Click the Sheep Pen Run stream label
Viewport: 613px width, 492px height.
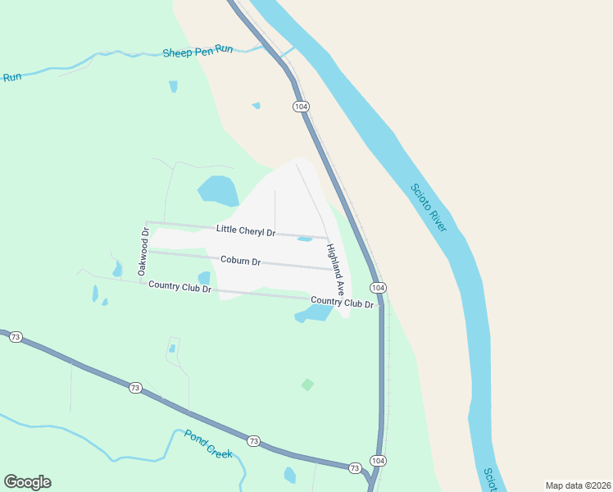[x=198, y=51]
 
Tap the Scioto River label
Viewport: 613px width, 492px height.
[x=429, y=207]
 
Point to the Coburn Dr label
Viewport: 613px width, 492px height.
[x=240, y=261]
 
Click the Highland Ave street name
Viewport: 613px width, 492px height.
[x=334, y=270]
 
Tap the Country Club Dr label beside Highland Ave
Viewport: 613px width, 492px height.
[x=342, y=303]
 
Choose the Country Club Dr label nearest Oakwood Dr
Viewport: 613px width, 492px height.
[x=179, y=288]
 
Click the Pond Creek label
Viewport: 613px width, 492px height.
[x=208, y=444]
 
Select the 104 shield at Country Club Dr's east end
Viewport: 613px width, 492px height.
[x=377, y=288]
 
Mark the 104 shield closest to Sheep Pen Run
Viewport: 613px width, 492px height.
[x=301, y=107]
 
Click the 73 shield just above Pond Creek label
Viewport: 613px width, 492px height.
[x=253, y=441]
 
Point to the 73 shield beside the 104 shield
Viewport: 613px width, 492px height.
[x=355, y=467]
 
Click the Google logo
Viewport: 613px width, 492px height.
[x=27, y=482]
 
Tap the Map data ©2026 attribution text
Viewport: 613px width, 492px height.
[x=577, y=485]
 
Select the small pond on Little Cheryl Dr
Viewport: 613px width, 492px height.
[x=305, y=239]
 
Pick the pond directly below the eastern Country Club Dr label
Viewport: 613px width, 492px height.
[x=314, y=314]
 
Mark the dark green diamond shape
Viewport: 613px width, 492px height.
[x=307, y=384]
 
